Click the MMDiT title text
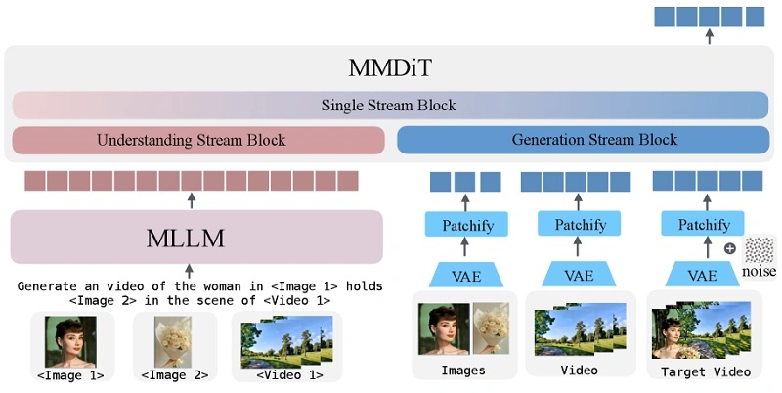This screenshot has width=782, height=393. click(390, 68)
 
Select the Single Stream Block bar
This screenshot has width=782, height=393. click(390, 106)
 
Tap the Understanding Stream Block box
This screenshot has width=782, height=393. click(192, 141)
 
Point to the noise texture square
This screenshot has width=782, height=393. click(760, 250)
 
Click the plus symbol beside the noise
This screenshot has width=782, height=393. click(729, 248)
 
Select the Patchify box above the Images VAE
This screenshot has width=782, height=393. click(464, 226)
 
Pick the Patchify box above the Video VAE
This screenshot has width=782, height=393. click(580, 226)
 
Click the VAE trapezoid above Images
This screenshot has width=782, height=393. click(464, 274)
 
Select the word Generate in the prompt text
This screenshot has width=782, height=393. click(49, 285)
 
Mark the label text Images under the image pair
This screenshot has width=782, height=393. click(463, 371)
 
